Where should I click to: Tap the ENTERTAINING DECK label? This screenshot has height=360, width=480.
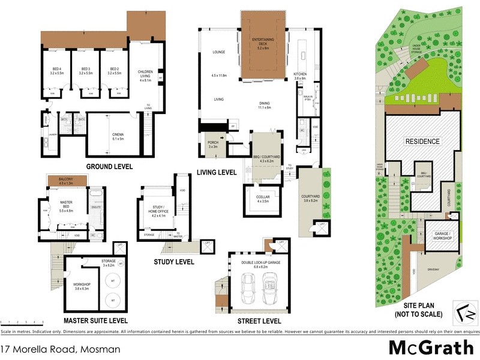point(263,41)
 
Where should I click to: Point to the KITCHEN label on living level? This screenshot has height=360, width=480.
point(300,76)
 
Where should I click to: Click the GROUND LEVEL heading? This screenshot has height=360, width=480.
point(109,166)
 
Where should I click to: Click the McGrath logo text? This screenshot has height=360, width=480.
point(427,347)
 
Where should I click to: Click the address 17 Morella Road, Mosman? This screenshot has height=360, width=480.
point(61,349)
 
